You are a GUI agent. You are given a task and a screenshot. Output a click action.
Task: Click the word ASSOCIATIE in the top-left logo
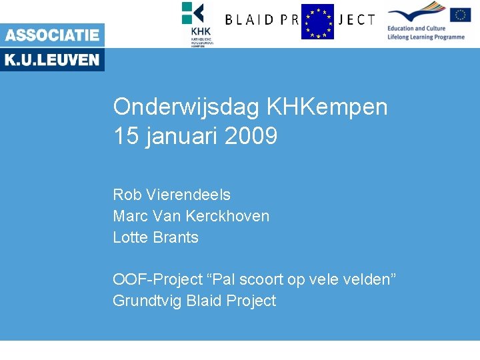point(52,35)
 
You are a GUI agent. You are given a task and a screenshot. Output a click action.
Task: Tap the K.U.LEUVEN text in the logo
point(52,60)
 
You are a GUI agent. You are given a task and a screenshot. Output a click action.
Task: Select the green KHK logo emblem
point(193,13)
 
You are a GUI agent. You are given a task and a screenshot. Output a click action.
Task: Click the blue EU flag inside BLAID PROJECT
point(317,21)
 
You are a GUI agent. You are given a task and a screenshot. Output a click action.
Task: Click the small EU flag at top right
point(460,15)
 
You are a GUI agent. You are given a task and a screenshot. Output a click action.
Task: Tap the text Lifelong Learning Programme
point(426,37)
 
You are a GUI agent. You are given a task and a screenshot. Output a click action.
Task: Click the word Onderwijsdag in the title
point(186,107)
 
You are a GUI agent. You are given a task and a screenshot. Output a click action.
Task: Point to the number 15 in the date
point(124,137)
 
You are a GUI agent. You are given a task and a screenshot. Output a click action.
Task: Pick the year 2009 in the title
point(251,137)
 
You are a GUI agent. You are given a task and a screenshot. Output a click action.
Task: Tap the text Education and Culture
point(416,29)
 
